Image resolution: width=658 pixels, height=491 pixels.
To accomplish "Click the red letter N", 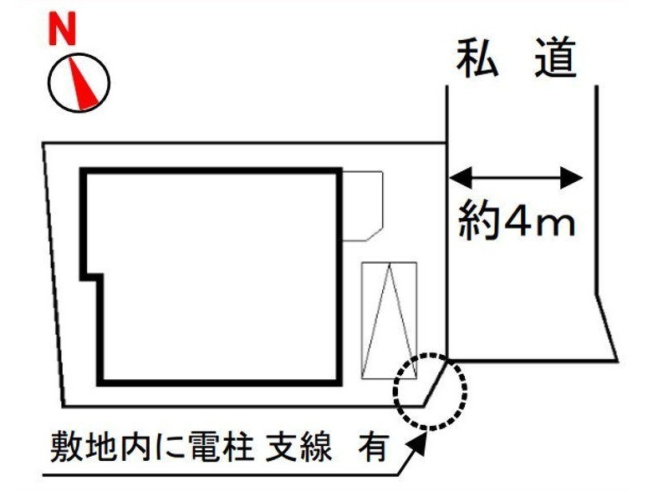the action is pos(63,28).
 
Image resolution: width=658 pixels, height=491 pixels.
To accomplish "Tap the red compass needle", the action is pos(84,84).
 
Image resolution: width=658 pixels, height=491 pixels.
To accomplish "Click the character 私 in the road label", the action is pos(477,58).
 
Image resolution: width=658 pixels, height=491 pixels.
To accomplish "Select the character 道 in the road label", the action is pos(555,58).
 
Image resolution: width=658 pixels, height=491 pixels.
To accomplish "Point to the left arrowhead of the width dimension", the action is pos(461,178).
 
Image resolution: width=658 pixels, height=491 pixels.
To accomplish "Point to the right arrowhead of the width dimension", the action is pos(572,178).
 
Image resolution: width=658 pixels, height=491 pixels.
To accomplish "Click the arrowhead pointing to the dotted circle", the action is pos(420,441).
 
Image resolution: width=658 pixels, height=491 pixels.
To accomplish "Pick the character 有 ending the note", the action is pos(372,447).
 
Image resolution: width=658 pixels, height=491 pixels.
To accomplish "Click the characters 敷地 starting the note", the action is pos(84,447).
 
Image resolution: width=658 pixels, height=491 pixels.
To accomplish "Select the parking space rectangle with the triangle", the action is pos(362,321).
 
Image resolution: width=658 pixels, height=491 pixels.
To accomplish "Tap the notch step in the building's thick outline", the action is pos(92,277).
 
